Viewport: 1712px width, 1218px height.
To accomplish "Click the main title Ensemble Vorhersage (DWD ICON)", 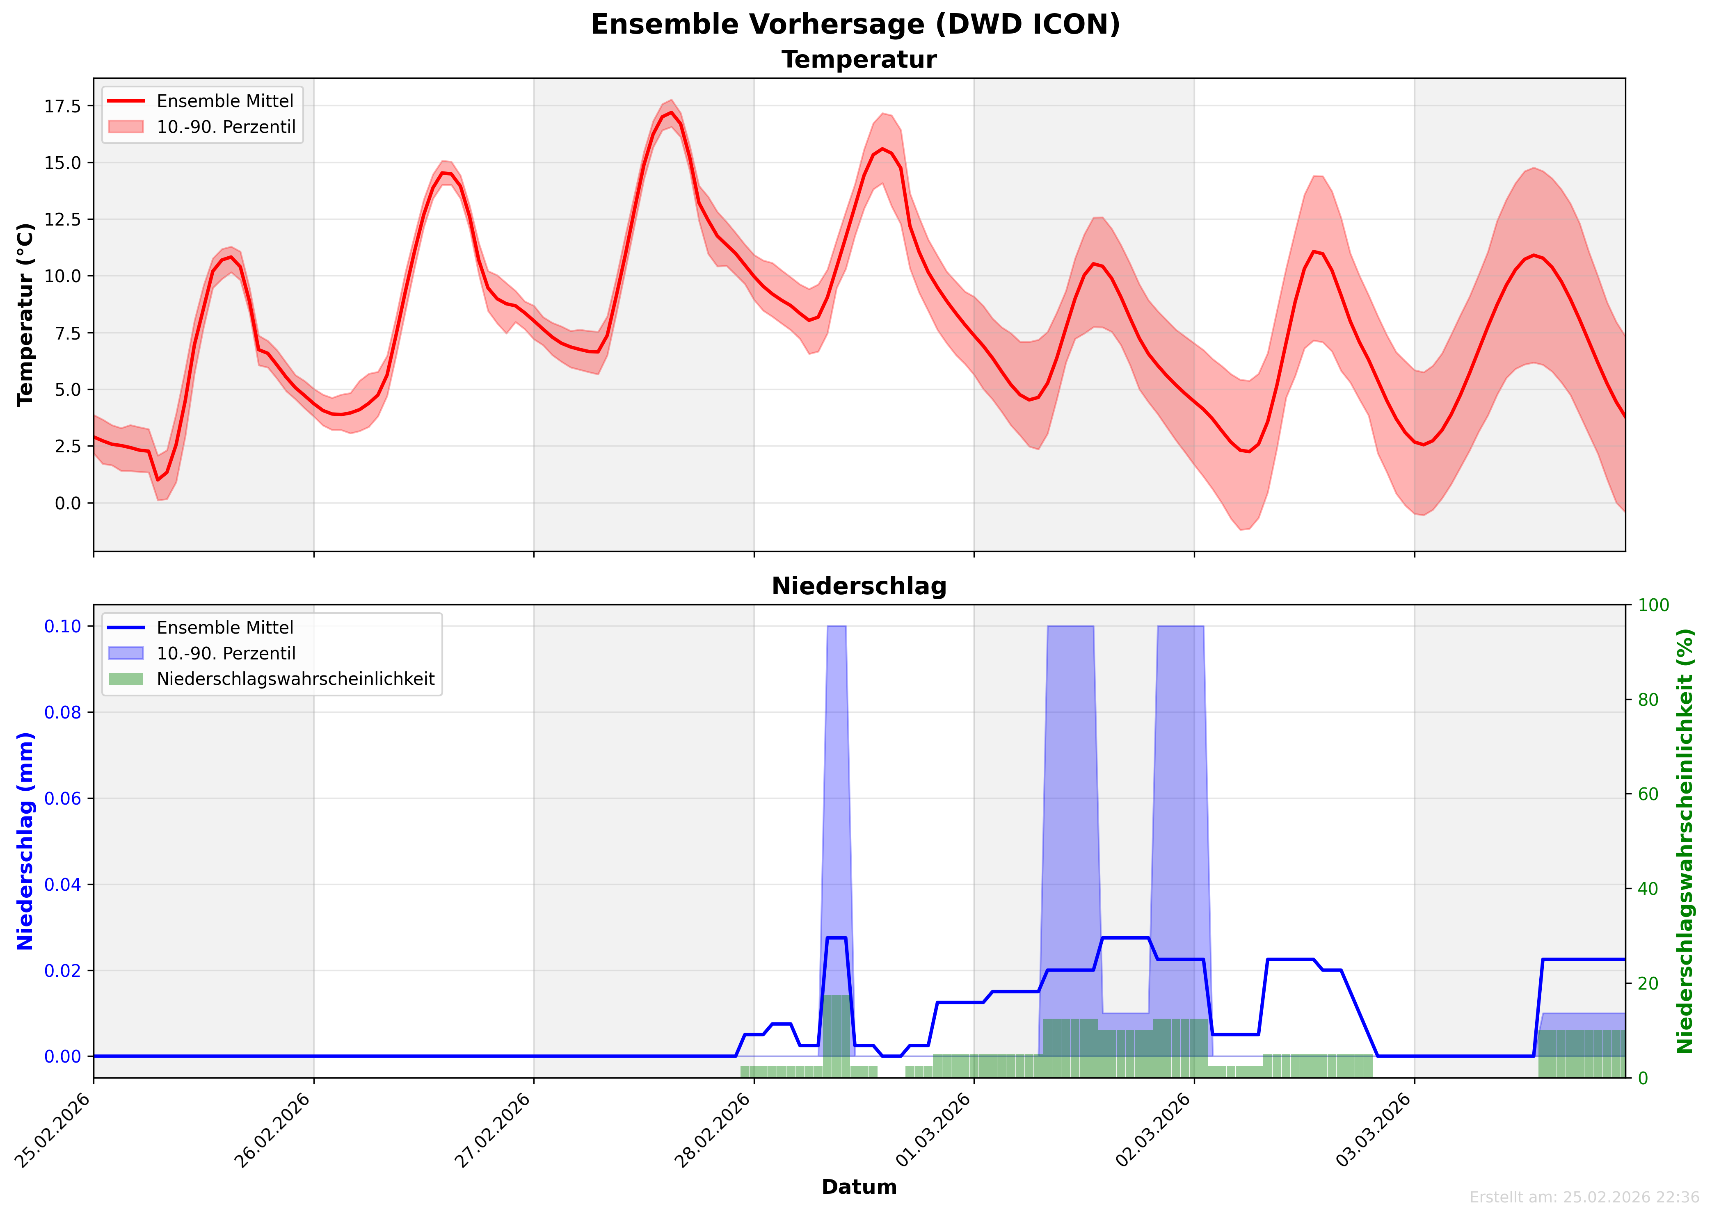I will pos(855,25).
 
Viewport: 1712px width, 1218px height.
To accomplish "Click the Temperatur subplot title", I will pos(859,60).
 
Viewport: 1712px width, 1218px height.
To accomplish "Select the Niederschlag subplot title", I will pos(859,586).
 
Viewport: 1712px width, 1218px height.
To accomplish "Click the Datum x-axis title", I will pos(859,1187).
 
